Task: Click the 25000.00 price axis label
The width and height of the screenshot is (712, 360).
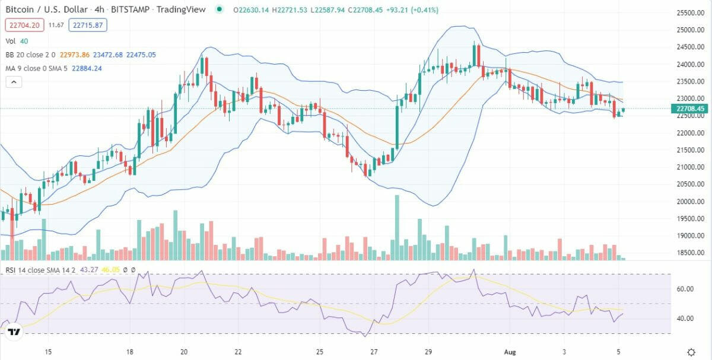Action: [x=694, y=30]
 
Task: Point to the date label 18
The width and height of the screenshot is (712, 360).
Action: [x=130, y=351]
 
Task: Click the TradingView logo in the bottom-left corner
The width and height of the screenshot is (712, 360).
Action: [x=15, y=332]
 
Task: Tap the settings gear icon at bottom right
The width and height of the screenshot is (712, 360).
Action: [x=691, y=352]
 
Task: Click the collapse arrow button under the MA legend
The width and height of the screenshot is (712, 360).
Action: [x=13, y=82]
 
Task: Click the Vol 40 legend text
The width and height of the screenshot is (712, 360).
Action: [x=17, y=41]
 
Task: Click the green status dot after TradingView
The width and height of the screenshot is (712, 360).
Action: [x=220, y=9]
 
